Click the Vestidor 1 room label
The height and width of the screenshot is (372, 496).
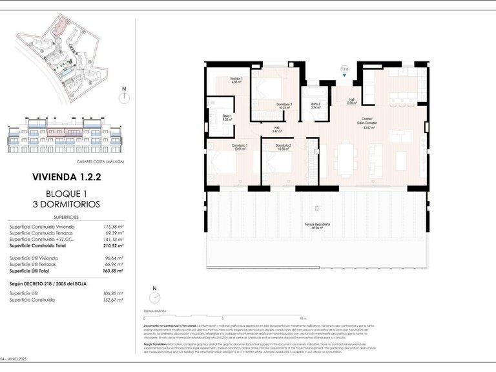point(236,80)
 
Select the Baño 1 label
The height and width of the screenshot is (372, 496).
point(227,117)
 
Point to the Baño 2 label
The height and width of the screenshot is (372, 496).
point(315,106)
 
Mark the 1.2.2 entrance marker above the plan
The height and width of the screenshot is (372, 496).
point(344,69)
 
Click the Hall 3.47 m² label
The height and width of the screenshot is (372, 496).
point(276,129)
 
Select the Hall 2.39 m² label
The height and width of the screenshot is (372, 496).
point(351,101)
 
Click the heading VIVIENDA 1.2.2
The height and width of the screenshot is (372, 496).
point(67,176)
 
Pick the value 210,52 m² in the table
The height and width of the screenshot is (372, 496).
point(113,245)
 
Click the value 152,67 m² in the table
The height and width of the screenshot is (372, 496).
point(113,300)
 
